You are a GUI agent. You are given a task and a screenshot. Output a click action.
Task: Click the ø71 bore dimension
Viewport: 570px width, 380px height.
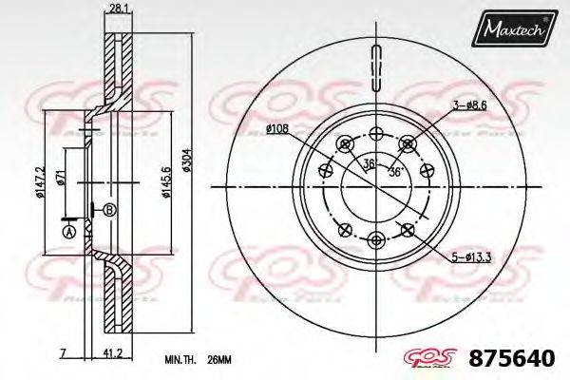click(x=59, y=176)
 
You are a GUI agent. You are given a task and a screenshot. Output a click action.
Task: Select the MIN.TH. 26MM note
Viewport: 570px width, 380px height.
click(x=193, y=359)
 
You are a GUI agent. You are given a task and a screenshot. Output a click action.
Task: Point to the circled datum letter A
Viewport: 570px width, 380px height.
click(x=67, y=230)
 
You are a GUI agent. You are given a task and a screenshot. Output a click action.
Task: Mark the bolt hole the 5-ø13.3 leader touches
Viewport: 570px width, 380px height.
click(x=408, y=227)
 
